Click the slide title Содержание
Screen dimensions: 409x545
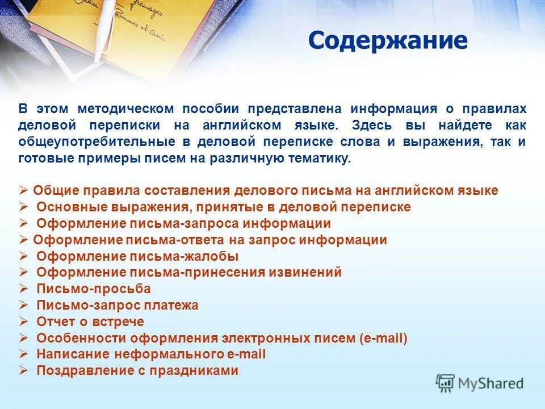[x=388, y=41]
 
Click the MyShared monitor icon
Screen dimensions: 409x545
[x=446, y=383]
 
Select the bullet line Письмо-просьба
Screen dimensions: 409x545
[x=94, y=289]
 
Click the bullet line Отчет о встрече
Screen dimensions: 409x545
[x=90, y=322]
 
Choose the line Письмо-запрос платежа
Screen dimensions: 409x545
[x=118, y=305]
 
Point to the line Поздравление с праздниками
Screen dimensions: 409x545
[x=137, y=371]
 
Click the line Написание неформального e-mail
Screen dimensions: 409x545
[x=151, y=354]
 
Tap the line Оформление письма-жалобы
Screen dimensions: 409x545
[x=137, y=256]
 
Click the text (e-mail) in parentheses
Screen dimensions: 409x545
[x=383, y=338]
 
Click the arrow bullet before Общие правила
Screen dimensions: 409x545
[x=23, y=190]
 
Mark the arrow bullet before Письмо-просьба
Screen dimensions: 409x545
[x=23, y=289]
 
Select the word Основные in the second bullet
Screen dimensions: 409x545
[x=62, y=207]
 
